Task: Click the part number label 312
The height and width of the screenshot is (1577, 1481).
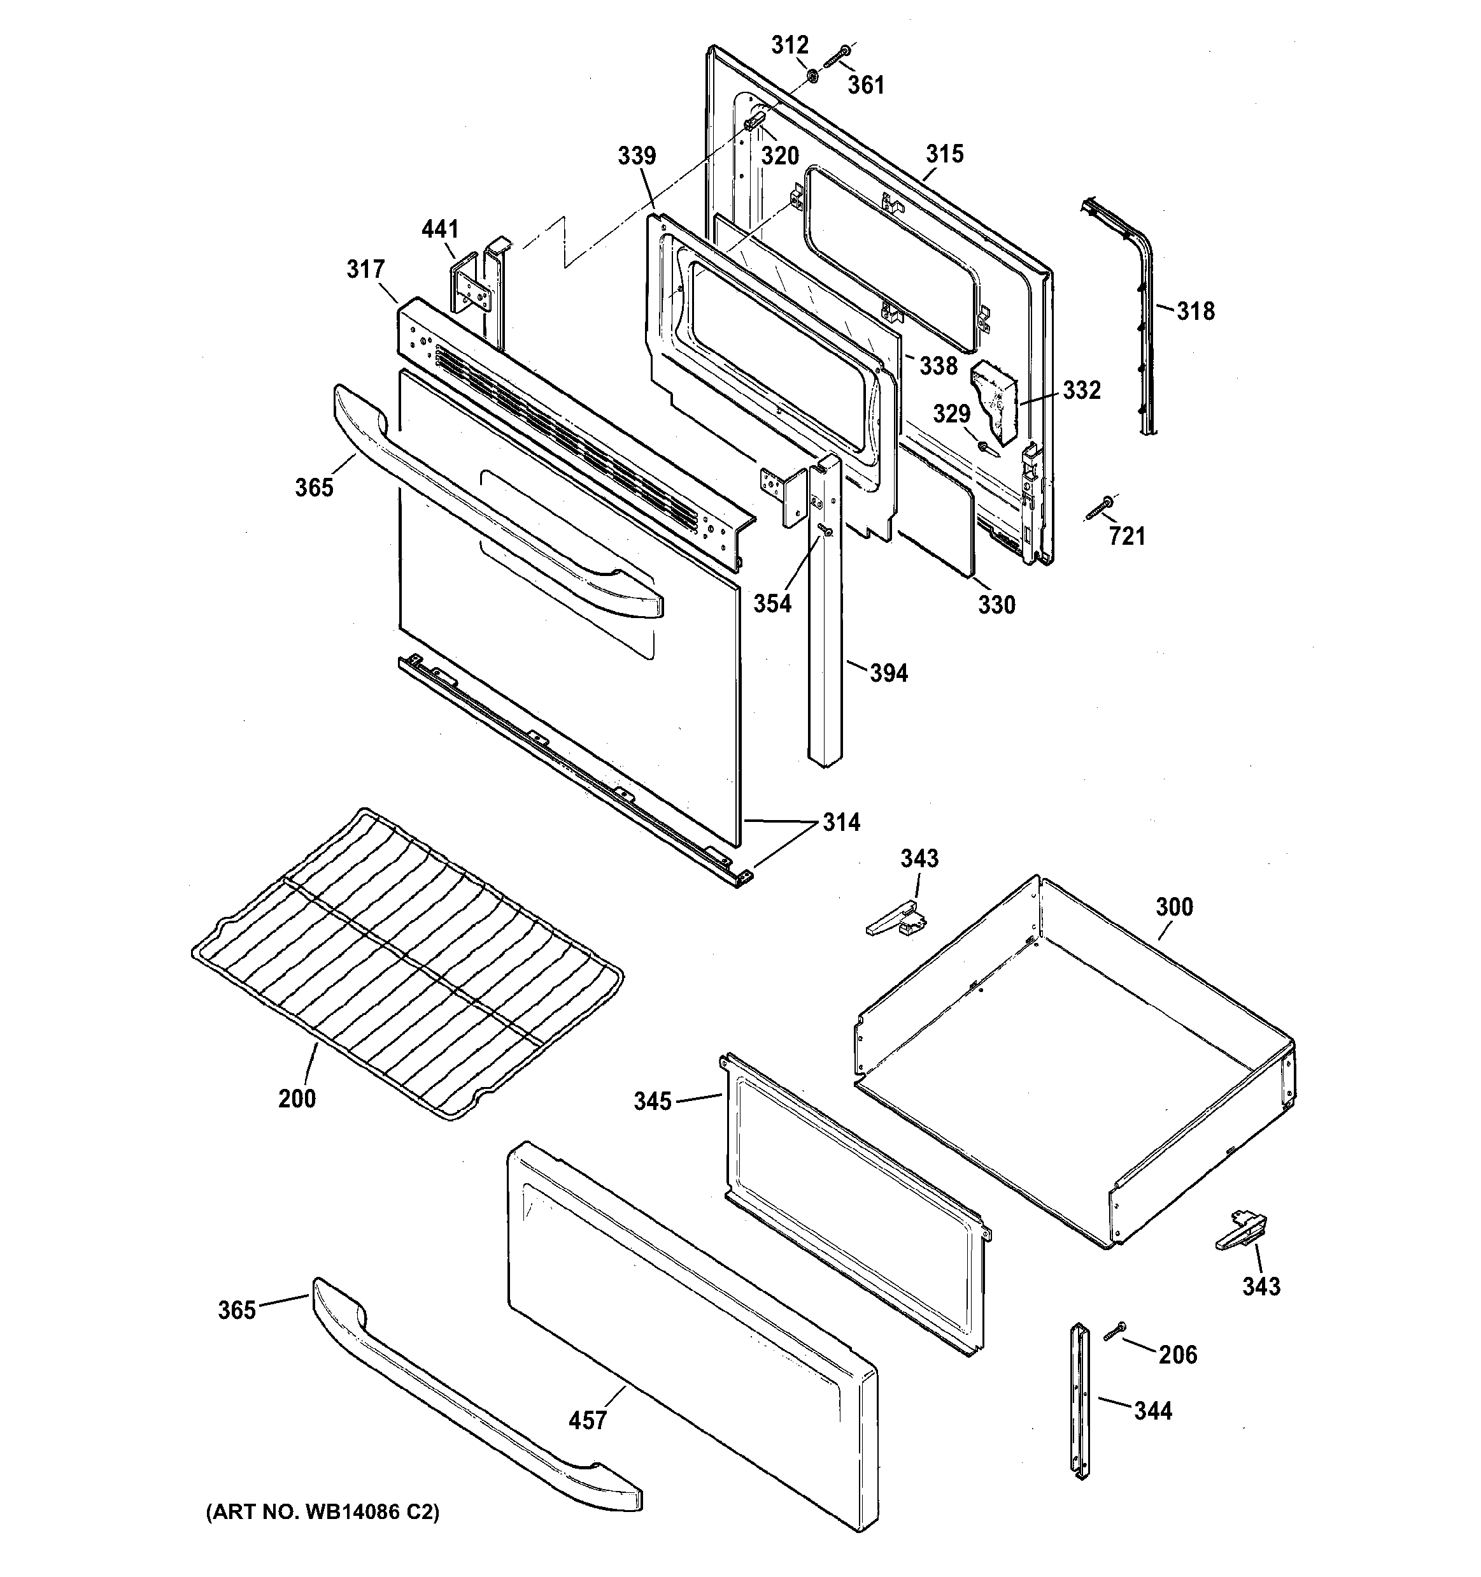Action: (x=790, y=45)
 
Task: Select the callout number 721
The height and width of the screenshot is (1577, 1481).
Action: (x=1126, y=537)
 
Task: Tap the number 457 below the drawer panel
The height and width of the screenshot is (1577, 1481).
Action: (x=588, y=1420)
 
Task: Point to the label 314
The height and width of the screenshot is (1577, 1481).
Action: (x=840, y=822)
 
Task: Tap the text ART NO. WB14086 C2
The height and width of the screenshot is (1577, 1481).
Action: (x=322, y=1512)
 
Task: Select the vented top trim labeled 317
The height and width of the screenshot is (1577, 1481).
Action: (x=571, y=428)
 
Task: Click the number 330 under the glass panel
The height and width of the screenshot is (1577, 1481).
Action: (x=996, y=605)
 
